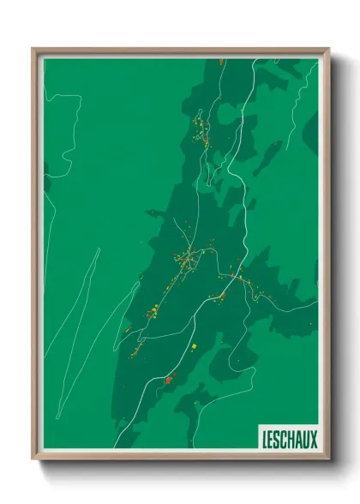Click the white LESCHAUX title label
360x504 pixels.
click(x=288, y=437)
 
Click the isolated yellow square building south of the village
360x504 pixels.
click(x=195, y=346)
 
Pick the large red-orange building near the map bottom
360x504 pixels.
click(x=169, y=378)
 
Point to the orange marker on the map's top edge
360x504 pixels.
click(x=220, y=61)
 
